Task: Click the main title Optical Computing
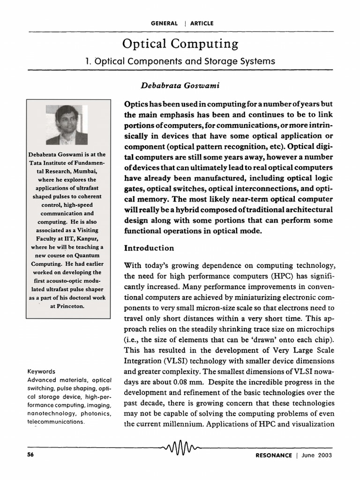pos(180,44)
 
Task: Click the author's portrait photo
pos(67,125)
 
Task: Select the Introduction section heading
pos(149,248)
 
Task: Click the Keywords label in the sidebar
pos(42,371)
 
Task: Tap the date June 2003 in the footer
pos(317,455)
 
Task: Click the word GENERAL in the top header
pos(165,23)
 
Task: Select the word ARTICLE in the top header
pos(202,23)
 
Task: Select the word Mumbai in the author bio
pos(86,171)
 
